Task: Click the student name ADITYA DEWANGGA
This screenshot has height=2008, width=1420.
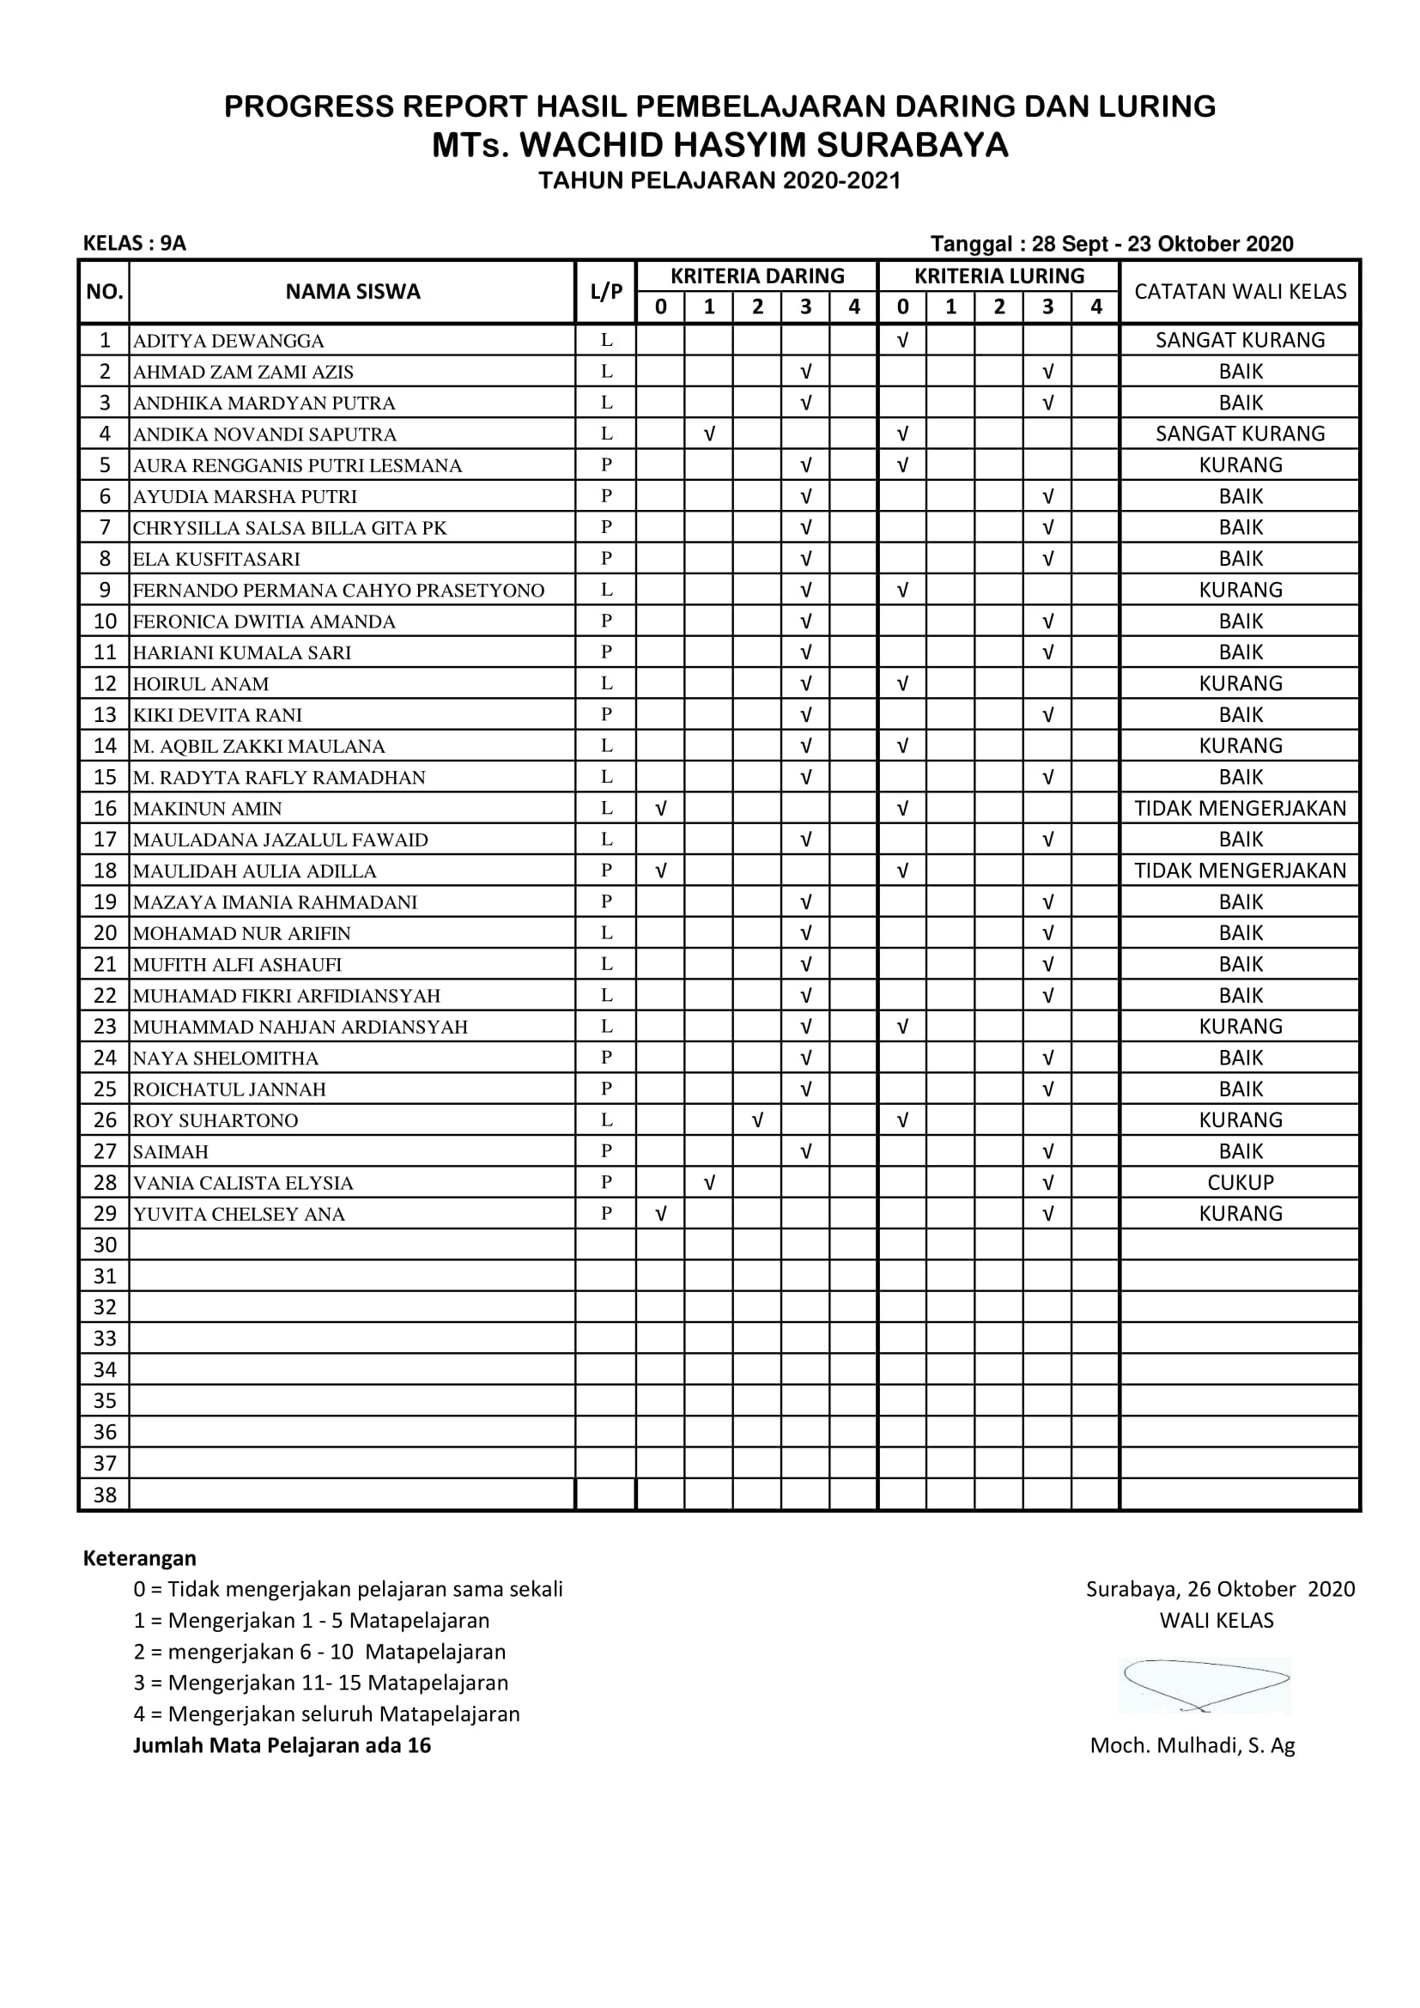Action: [x=228, y=341]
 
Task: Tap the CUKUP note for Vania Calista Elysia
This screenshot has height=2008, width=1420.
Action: [x=1240, y=1182]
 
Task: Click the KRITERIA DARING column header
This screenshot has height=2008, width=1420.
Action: [x=757, y=276]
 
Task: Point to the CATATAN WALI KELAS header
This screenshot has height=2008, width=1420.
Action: [x=1240, y=292]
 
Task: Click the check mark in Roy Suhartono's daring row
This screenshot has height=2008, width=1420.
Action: [x=757, y=1120]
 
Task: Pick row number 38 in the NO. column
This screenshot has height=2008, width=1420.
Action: [x=105, y=1495]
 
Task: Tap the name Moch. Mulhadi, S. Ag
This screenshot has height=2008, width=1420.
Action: [x=1192, y=1745]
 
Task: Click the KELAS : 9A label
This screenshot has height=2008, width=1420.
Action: [x=135, y=244]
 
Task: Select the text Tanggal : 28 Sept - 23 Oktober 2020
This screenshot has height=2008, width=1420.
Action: [x=1111, y=244]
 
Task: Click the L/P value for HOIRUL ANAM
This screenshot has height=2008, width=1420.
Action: [x=606, y=683]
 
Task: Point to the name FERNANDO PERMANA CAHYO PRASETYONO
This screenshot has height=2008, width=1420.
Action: [x=338, y=591]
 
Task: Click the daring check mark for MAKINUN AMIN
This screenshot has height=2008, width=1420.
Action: [x=661, y=809]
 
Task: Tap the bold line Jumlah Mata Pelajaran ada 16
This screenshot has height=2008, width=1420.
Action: [x=282, y=1745]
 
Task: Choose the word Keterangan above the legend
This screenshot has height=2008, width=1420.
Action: [x=140, y=1557]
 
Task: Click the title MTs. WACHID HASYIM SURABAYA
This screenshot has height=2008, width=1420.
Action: [x=719, y=145]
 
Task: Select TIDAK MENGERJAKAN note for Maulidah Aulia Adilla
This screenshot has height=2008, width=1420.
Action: [x=1240, y=871]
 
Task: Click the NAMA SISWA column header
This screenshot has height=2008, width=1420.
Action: [x=352, y=292]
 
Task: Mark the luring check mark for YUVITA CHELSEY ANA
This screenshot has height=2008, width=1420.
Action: [x=1047, y=1214]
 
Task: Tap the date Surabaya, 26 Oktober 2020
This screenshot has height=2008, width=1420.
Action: [x=1220, y=1589]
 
